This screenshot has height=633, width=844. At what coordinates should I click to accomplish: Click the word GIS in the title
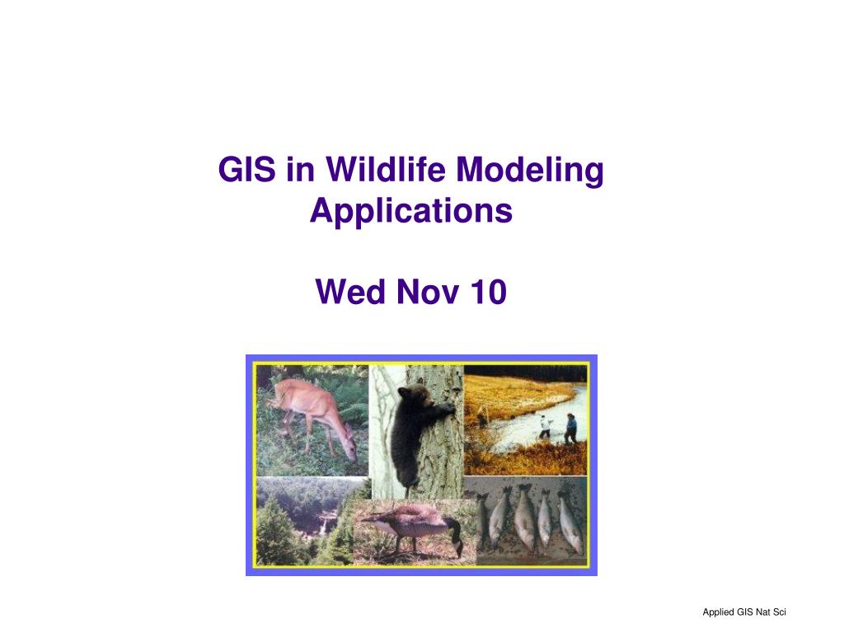point(247,169)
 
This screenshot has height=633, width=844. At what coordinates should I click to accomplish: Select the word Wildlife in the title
point(386,169)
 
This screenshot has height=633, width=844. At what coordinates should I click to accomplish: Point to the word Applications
point(411,212)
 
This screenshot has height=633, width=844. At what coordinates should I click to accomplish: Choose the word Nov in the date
point(428,292)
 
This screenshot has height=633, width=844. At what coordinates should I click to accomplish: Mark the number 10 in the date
point(489,292)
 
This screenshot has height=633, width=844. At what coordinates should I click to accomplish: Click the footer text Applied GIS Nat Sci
point(744,612)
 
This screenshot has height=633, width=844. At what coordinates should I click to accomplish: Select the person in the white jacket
point(545,427)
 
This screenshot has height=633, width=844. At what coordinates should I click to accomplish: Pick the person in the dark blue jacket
point(570,429)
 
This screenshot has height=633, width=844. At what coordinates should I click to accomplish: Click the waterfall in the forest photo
point(322,525)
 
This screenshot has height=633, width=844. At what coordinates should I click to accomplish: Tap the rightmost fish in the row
point(570,522)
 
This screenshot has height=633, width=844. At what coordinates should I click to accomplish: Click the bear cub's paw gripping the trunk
point(447,409)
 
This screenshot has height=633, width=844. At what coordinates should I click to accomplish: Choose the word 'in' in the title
point(300,169)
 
